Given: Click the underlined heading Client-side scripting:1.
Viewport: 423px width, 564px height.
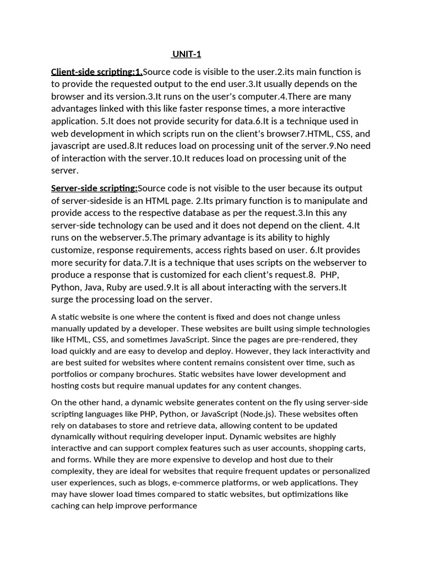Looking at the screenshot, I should pos(97,72).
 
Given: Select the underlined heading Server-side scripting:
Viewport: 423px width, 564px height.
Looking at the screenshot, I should pos(94,188).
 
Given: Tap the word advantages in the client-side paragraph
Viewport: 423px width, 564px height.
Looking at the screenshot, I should pos(75,108).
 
